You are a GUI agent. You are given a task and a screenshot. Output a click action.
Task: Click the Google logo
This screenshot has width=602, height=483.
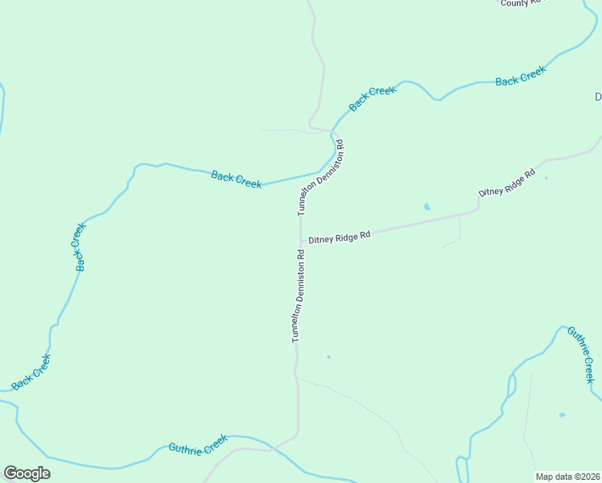tap(27, 473)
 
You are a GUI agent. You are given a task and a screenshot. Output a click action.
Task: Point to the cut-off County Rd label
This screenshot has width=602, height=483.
tap(522, 3)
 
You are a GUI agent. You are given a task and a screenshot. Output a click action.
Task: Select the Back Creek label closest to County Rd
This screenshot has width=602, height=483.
tap(521, 76)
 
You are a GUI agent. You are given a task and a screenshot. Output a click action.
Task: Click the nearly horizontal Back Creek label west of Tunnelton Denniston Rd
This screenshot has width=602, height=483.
tap(236, 178)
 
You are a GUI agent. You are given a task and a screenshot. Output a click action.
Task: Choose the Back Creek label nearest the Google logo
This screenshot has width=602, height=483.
tap(32, 372)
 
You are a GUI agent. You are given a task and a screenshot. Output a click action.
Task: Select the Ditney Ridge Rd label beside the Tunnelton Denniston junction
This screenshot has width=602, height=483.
tap(339, 237)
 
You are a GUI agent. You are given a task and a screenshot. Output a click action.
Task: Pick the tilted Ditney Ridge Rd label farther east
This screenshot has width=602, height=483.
tap(507, 184)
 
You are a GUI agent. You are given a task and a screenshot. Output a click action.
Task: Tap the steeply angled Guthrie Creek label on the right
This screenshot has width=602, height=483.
tap(581, 354)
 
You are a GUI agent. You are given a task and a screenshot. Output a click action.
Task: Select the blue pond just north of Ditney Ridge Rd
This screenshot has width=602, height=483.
tap(427, 207)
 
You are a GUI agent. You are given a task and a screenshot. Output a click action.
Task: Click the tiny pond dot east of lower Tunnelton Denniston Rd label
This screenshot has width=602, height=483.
tap(328, 357)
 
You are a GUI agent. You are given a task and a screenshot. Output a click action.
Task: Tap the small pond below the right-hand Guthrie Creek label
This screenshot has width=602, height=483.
tap(562, 415)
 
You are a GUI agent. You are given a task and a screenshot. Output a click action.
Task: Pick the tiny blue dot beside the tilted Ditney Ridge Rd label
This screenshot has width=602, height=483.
tap(546, 178)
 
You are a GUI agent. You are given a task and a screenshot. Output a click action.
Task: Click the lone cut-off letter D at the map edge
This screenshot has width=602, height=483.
tap(598, 97)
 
